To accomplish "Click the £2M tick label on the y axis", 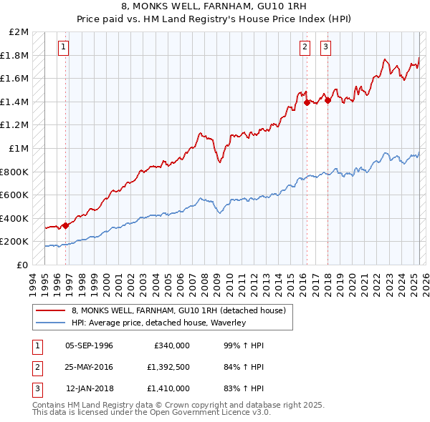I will pos(19,32).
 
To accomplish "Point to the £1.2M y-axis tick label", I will pos(16,125).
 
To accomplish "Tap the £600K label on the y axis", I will pos(15,195).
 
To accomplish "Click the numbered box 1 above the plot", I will pos(64,47).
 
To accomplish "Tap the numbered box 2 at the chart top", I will pos(305,47).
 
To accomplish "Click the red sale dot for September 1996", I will pos(65,225).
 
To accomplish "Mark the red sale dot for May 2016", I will pos(307,102).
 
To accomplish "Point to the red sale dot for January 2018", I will pos(328,100).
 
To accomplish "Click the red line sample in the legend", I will pos(50,310).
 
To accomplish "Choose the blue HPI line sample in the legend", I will pos(50,323).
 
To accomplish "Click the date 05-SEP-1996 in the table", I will pos(89,345).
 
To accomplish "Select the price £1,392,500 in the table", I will pos(170,367).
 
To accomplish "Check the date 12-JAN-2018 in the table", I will pos(90,388).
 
